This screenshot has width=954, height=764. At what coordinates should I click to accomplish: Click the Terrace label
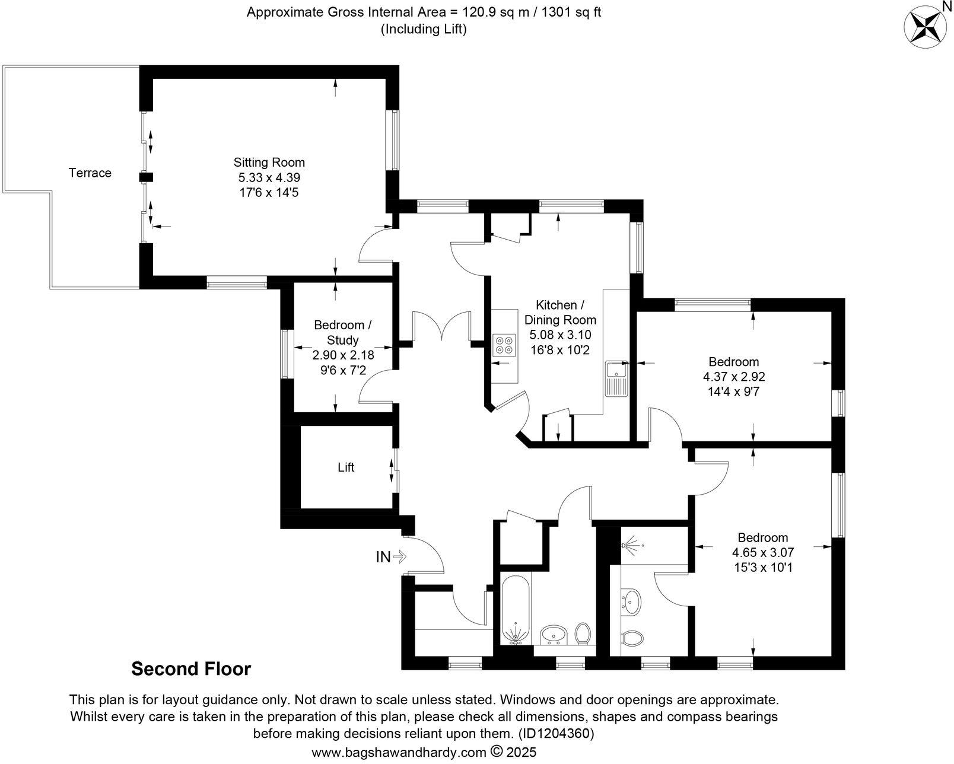[x=90, y=173]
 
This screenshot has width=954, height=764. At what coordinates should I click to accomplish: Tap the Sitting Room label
[x=269, y=163]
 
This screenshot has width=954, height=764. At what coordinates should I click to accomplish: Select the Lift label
[x=346, y=467]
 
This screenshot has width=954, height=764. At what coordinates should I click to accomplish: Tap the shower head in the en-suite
[x=632, y=544]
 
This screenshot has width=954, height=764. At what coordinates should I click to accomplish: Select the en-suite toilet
[x=632, y=639]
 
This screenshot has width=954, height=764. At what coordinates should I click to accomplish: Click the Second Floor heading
[x=191, y=669]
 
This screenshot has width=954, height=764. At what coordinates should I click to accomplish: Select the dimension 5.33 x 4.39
[x=269, y=177]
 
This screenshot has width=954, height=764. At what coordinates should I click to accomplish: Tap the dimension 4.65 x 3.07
[x=762, y=552]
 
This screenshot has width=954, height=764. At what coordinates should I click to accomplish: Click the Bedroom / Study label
[x=343, y=333]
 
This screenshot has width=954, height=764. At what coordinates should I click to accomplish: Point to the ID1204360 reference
[x=555, y=734]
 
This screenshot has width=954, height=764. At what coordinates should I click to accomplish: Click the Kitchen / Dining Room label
[x=559, y=313]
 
